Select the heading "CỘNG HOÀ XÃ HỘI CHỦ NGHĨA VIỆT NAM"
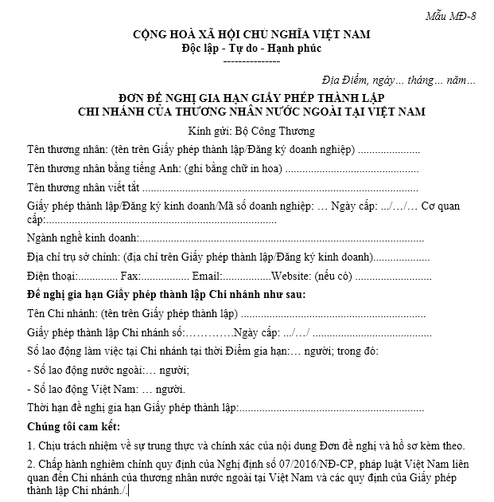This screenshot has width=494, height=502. [x=251, y=34]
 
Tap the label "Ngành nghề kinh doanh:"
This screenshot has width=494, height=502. [x=83, y=238]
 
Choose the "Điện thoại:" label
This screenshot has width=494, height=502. [x=51, y=276]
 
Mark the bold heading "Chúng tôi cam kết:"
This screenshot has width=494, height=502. [x=76, y=426]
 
